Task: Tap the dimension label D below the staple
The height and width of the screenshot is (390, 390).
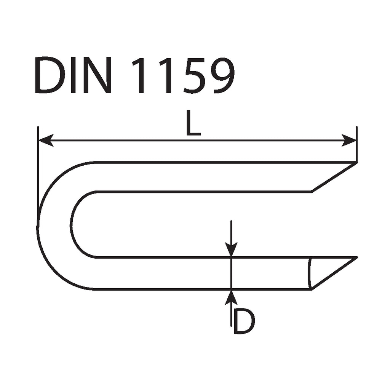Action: point(244,321)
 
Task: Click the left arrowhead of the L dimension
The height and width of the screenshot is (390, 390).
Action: point(46,140)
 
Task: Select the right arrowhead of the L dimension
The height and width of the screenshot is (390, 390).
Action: point(349,140)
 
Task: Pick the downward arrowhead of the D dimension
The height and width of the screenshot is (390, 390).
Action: point(231,249)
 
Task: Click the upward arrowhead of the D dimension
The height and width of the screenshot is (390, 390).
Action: point(231,297)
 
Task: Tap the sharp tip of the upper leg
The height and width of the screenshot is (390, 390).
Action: point(357,162)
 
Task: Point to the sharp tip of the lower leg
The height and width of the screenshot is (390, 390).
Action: point(357,257)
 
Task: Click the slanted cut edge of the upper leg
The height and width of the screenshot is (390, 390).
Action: point(334,177)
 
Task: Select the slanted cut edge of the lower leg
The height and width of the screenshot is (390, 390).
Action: point(334,273)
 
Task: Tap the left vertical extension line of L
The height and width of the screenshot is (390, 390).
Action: point(38,169)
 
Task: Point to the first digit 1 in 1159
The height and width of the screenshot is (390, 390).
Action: point(141,75)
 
